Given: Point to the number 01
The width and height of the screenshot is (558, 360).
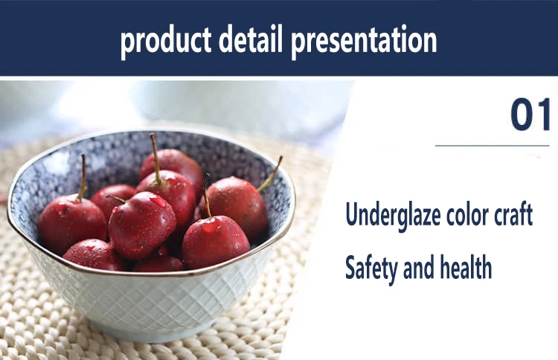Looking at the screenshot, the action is pos(530,115).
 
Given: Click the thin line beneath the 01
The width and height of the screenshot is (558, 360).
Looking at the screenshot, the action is pos(493,146).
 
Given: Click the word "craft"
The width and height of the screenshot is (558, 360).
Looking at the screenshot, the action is pos(513,213).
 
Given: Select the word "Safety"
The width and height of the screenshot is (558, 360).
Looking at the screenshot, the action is pos(371,269).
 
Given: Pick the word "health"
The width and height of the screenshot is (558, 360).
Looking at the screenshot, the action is pos(466,266).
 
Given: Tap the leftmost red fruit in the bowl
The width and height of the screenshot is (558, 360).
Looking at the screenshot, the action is pos(73,223).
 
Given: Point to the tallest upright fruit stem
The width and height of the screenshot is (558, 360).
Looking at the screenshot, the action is pos(155,159).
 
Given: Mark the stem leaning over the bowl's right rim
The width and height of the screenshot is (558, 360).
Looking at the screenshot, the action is pos(270,174).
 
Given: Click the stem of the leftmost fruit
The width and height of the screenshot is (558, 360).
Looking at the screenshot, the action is pos(82,177).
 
